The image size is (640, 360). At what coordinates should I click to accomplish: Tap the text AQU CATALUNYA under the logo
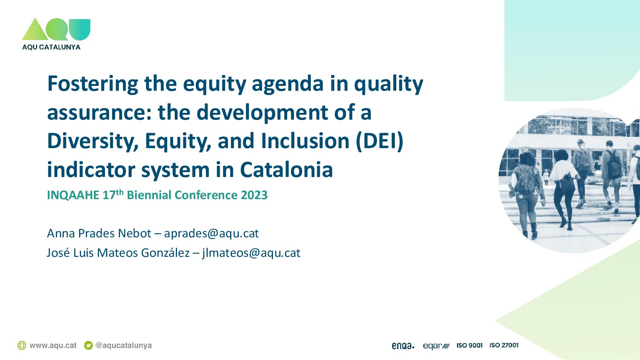[x=51, y=47]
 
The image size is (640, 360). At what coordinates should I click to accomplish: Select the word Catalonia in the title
[x=286, y=170]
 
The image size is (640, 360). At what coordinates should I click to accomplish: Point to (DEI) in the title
[x=380, y=141]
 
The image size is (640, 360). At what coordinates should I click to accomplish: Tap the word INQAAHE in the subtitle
[x=73, y=195]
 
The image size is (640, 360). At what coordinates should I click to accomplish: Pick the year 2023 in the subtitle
[x=254, y=195]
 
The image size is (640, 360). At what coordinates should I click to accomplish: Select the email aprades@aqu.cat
[x=211, y=233]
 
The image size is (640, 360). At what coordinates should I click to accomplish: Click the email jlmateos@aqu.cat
[x=251, y=253]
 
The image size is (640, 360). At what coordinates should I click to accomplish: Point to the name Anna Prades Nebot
[x=99, y=233]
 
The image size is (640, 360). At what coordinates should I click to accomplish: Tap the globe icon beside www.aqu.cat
[x=22, y=345]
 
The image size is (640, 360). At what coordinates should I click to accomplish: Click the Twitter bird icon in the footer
[x=88, y=345]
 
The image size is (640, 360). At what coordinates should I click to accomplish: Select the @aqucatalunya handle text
[x=123, y=345]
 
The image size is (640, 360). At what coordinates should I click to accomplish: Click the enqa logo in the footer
[x=403, y=346]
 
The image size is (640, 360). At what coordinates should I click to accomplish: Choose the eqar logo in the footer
[x=436, y=346]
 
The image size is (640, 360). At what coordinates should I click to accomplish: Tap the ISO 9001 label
[x=469, y=345]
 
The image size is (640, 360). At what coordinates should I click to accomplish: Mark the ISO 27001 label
[x=504, y=345]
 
